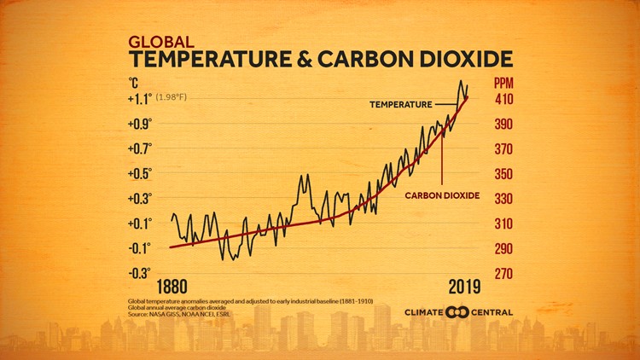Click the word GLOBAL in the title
[x=160, y=41]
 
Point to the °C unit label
[x=134, y=84]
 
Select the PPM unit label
[x=505, y=84]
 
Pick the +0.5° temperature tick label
[x=139, y=173]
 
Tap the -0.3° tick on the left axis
[x=139, y=273]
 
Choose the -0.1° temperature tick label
[x=139, y=248]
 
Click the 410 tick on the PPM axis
[x=505, y=99]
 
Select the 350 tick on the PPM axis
[x=505, y=174]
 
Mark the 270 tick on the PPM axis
[x=505, y=274]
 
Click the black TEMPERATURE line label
[x=401, y=104]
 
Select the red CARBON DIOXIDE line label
[x=442, y=195]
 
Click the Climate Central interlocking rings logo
[x=457, y=312]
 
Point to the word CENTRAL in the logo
[x=491, y=312]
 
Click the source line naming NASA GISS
[x=179, y=315]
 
